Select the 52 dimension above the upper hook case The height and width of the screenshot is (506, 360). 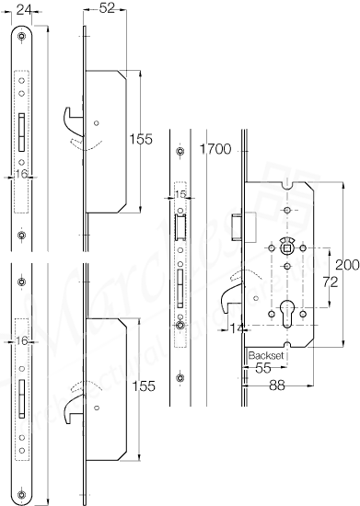[x=106, y=8]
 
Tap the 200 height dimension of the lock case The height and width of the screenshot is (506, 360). [x=345, y=264]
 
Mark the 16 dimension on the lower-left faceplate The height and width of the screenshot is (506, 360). [x=23, y=340]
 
